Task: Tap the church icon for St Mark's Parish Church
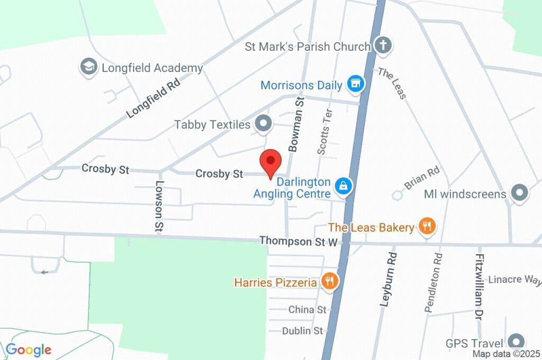click(383, 46)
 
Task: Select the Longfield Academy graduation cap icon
click(88, 67)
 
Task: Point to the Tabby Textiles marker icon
click(263, 124)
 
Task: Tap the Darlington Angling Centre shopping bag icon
click(344, 186)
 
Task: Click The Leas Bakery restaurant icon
click(426, 227)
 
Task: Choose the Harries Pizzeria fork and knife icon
click(330, 282)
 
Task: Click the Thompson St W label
click(299, 241)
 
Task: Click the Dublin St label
click(302, 331)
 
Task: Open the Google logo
click(29, 349)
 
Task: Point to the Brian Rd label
click(422, 178)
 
